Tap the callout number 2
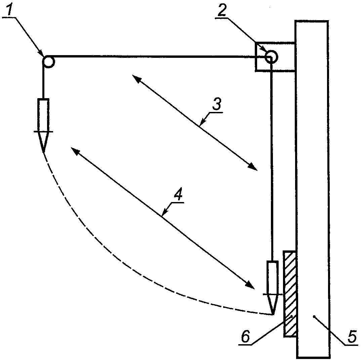point(222,9)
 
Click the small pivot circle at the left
point(49,62)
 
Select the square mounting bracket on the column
point(275,56)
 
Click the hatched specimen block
point(290,294)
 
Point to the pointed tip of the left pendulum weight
point(43,152)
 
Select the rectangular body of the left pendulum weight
point(43,115)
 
